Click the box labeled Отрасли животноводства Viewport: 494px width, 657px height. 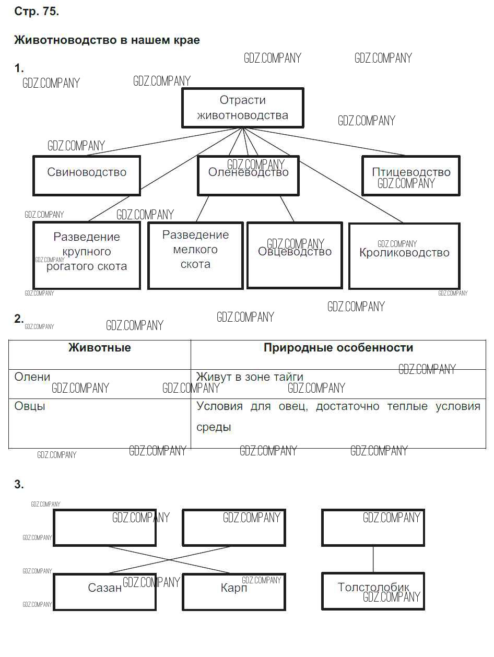pos(242,108)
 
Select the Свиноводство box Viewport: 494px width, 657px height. pos(87,175)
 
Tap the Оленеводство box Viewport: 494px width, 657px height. pos(248,175)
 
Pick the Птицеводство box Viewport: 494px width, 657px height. pos(411,175)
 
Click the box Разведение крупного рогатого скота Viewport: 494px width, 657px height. pos(87,255)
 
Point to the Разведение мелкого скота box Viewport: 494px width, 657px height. pos(195,255)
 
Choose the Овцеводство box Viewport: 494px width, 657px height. pos(295,255)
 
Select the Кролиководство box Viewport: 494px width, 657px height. pos(404,255)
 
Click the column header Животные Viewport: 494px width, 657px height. pos(100,348)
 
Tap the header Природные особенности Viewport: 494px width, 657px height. pos(338,348)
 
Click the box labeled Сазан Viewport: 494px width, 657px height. pos(104,591)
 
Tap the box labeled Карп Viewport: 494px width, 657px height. pos(233,591)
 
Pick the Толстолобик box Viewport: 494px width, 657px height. pos(373,591)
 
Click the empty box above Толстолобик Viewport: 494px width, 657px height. pos(373,527)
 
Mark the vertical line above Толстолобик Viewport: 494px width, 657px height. pos(373,559)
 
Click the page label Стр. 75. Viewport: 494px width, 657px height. pos(37,12)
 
